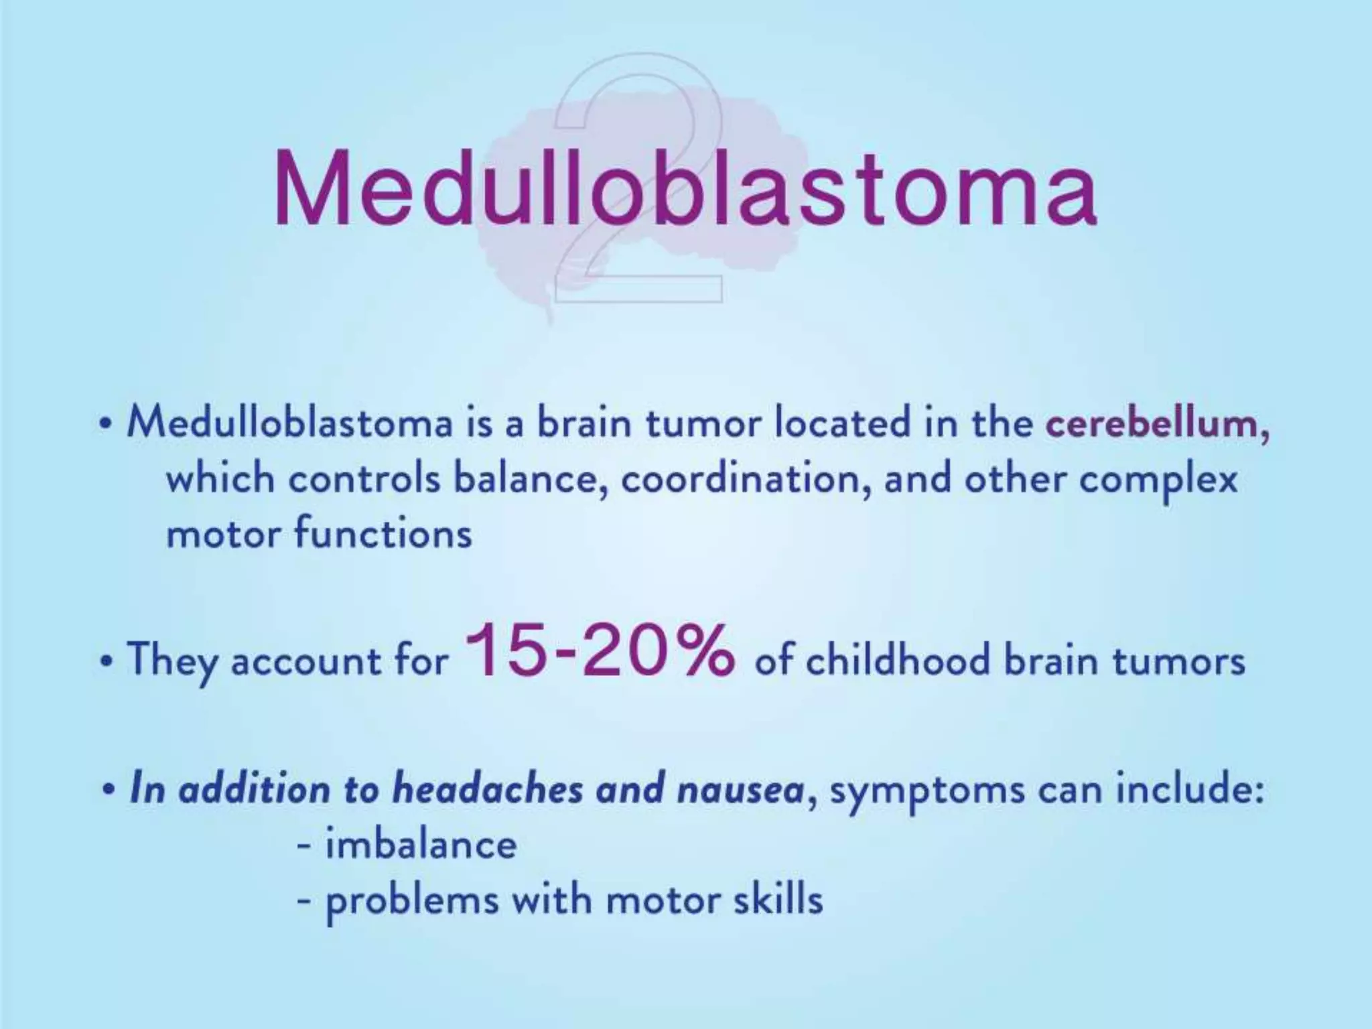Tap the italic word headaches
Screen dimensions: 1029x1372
pyautogui.click(x=487, y=789)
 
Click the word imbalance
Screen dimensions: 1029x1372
pyautogui.click(x=421, y=844)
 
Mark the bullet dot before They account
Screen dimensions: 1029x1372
pyautogui.click(x=107, y=662)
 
